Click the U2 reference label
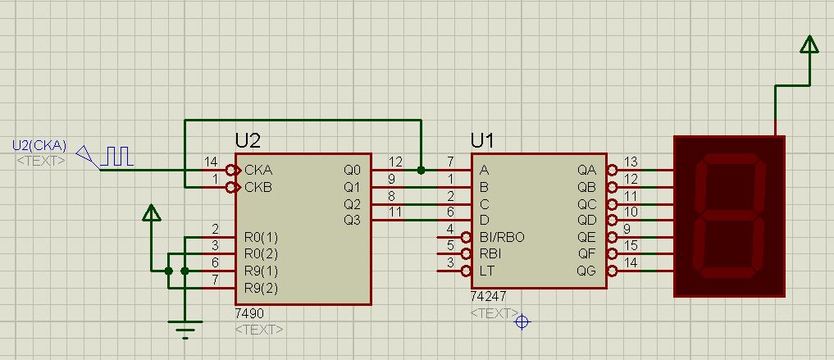(248, 140)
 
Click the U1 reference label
(482, 140)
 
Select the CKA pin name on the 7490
(258, 171)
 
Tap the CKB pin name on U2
(258, 187)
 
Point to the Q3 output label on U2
(352, 220)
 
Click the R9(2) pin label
(261, 288)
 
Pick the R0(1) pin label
(261, 237)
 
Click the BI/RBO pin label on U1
(502, 237)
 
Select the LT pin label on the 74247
(486, 271)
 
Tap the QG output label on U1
(586, 271)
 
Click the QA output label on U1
(587, 171)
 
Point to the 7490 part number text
(249, 314)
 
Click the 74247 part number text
(488, 296)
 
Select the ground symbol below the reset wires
(185, 329)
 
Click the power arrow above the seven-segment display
(809, 44)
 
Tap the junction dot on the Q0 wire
(422, 171)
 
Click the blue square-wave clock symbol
(117, 157)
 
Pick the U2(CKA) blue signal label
(39, 145)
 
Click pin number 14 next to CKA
(211, 162)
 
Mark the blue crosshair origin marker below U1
(522, 321)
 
